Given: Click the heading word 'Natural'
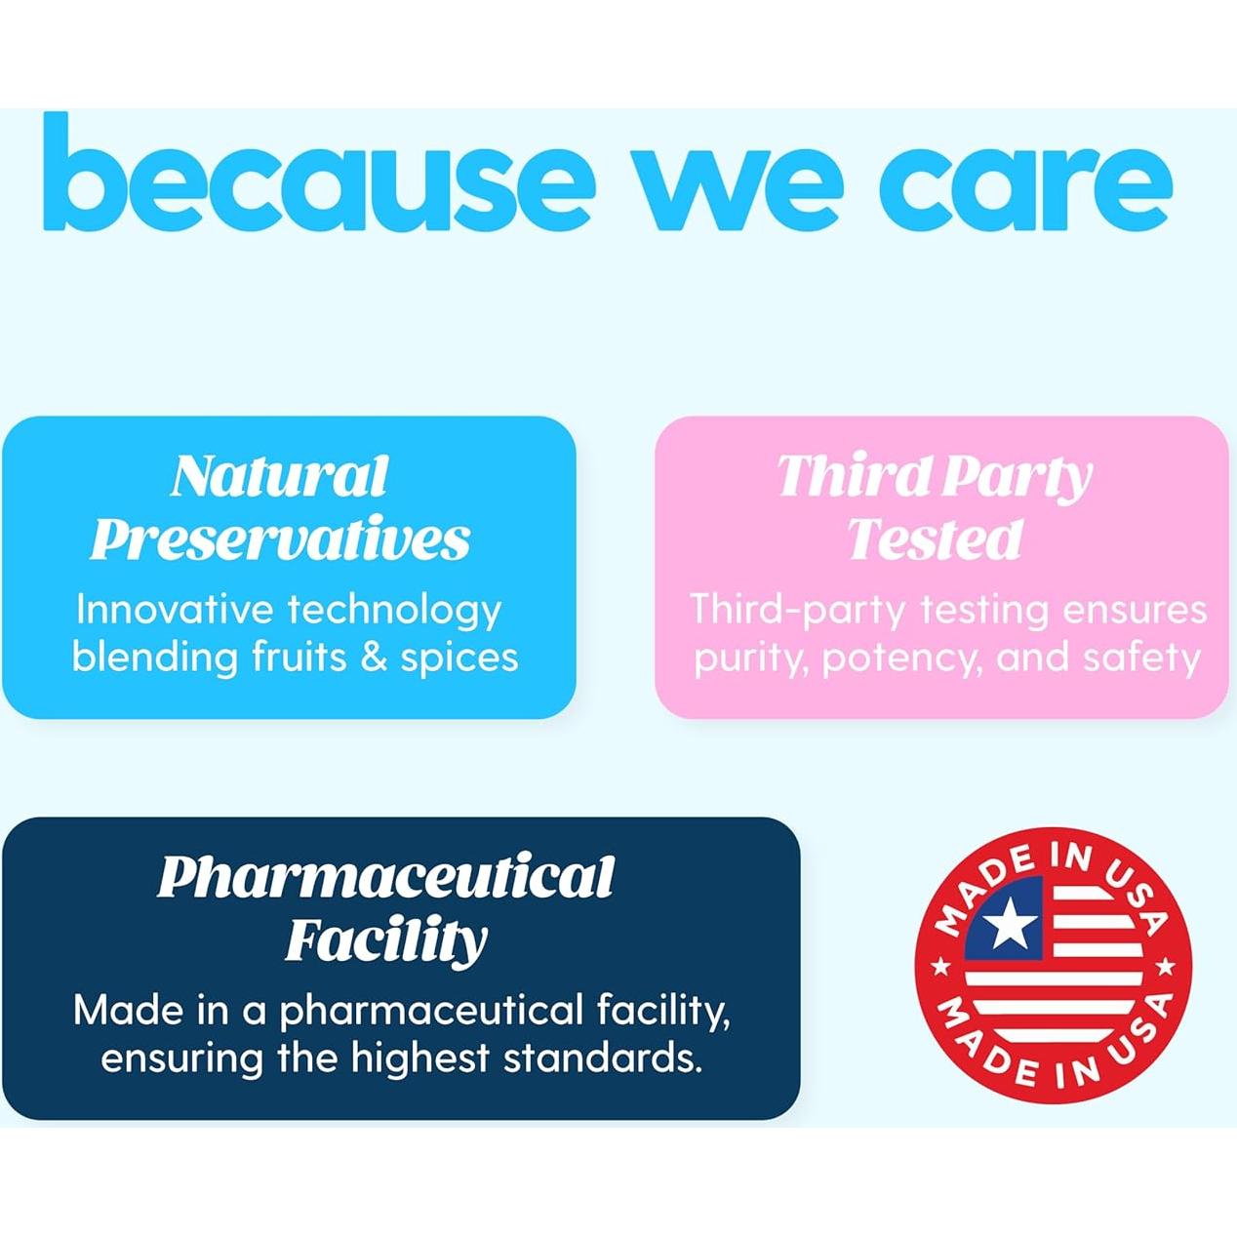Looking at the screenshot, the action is [x=280, y=476].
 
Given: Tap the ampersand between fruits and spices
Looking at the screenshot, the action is [x=374, y=658].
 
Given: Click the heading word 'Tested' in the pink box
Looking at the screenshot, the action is [x=936, y=539].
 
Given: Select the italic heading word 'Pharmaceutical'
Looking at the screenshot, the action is [x=385, y=877].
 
